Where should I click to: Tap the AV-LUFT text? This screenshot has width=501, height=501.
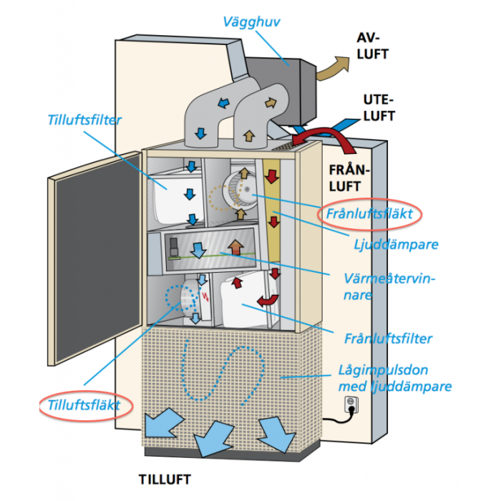[x=373, y=44]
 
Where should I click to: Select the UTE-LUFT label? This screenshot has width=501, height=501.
[x=379, y=107]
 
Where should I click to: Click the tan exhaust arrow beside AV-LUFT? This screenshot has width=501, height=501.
[x=330, y=69]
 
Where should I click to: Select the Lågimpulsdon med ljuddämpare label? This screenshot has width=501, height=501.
[x=394, y=378]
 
